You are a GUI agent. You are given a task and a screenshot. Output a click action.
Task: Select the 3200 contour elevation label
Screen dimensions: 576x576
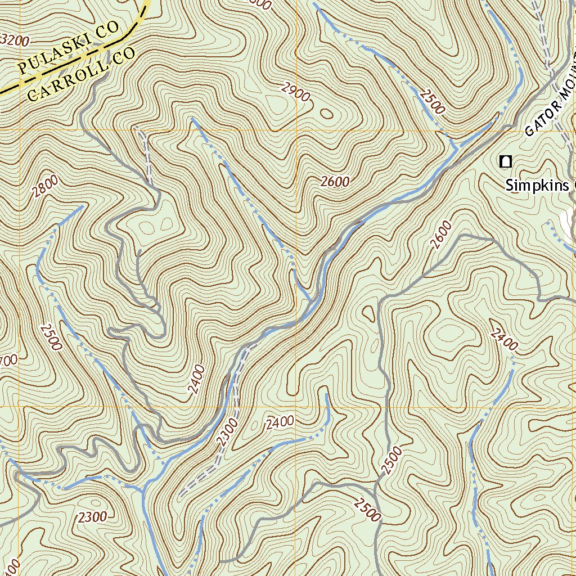(x=15, y=40)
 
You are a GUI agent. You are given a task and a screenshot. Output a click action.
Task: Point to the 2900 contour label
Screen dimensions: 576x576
(x=296, y=92)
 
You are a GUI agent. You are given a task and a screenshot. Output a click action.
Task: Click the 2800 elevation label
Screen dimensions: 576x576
(x=45, y=186)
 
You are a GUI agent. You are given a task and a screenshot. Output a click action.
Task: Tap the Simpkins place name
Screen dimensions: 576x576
(x=537, y=185)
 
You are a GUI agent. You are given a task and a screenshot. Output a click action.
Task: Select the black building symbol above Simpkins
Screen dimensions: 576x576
(x=506, y=162)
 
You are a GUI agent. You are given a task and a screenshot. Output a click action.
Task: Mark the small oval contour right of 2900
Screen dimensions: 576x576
(x=326, y=114)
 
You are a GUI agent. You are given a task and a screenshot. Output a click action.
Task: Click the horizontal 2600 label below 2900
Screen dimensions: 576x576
(x=335, y=181)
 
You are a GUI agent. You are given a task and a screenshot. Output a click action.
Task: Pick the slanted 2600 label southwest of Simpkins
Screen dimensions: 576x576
(x=443, y=235)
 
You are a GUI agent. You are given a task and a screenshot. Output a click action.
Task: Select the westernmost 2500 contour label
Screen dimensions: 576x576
(x=51, y=336)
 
